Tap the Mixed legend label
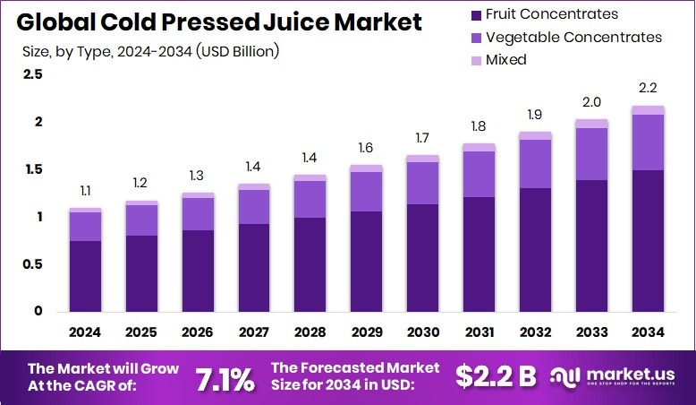(505, 60)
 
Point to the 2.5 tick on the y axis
(32, 74)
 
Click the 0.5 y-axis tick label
(32, 264)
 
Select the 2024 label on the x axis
(85, 332)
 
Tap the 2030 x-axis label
(422, 332)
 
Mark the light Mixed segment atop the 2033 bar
(591, 124)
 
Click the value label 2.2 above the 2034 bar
(648, 89)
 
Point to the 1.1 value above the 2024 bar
(85, 191)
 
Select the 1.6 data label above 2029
(366, 148)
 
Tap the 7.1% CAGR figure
(225, 378)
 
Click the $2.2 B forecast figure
(495, 377)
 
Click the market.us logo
(618, 377)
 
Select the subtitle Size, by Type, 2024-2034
(150, 51)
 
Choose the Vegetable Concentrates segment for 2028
(310, 199)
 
